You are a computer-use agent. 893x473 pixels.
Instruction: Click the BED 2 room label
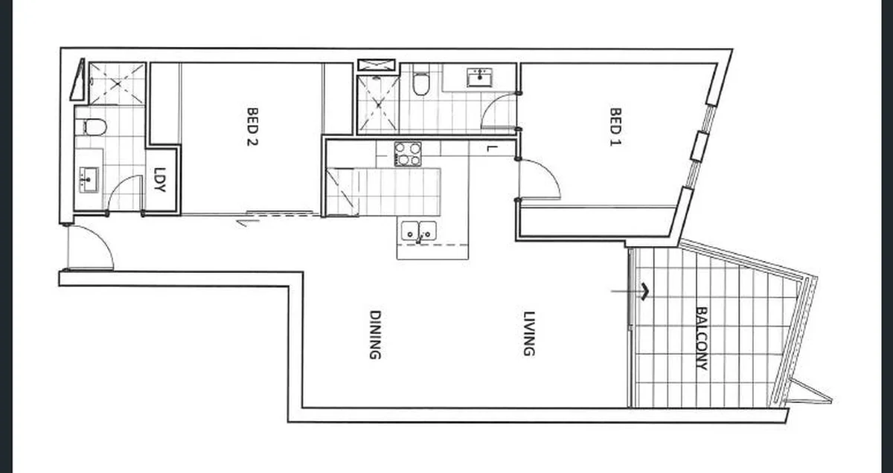pyautogui.click(x=252, y=126)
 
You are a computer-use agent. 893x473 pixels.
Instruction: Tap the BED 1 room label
pyautogui.click(x=615, y=126)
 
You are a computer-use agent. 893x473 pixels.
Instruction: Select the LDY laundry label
pyautogui.click(x=160, y=179)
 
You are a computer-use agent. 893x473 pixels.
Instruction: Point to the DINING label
pyautogui.click(x=375, y=335)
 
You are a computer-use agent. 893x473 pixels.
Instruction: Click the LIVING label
pyautogui.click(x=528, y=333)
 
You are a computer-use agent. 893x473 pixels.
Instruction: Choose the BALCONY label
pyautogui.click(x=702, y=338)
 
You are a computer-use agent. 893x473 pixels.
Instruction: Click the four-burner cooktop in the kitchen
pyautogui.click(x=408, y=154)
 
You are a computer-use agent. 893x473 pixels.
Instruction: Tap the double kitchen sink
pyautogui.click(x=418, y=231)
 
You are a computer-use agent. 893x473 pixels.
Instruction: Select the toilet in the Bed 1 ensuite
pyautogui.click(x=421, y=80)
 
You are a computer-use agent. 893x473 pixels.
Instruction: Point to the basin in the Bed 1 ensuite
pyautogui.click(x=479, y=77)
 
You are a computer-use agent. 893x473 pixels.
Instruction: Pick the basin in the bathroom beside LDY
pyautogui.click(x=89, y=180)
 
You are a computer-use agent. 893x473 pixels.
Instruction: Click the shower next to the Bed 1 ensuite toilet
pyautogui.click(x=378, y=104)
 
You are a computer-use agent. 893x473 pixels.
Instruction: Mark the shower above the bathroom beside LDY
pyautogui.click(x=118, y=84)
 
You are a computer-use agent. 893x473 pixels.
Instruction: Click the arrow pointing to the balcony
pyautogui.click(x=630, y=292)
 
